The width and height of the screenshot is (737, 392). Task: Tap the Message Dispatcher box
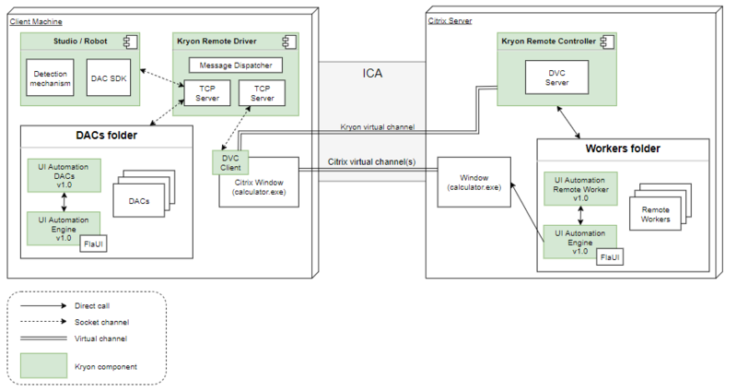click(x=235, y=65)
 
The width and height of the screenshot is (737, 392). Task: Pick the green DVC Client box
click(x=230, y=162)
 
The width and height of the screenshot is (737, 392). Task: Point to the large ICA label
click(x=372, y=74)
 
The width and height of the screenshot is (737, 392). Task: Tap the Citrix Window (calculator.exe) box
click(x=257, y=185)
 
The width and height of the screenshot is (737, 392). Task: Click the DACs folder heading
click(x=106, y=136)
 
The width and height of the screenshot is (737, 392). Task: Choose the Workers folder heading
click(x=623, y=148)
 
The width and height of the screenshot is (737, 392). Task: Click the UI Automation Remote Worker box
click(x=580, y=187)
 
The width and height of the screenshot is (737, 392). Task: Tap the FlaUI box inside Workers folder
click(x=609, y=255)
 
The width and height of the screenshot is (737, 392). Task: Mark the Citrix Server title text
click(x=450, y=19)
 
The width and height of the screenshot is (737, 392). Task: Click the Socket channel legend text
click(x=101, y=322)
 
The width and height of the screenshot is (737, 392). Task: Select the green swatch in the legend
click(x=42, y=366)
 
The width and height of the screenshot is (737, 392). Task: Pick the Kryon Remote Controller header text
click(x=546, y=42)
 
